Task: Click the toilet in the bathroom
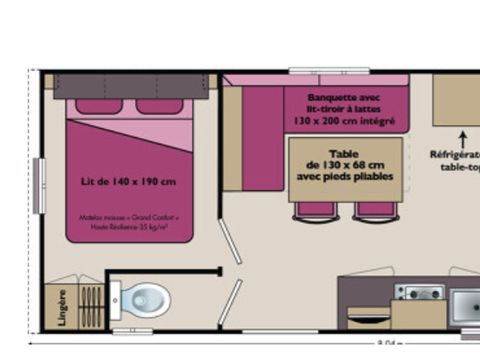click(x=146, y=298)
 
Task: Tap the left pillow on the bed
click(x=98, y=106)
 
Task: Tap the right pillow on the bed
click(x=160, y=106)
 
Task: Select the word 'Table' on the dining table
click(x=344, y=153)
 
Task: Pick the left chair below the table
click(x=315, y=209)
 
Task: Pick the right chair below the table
click(x=376, y=209)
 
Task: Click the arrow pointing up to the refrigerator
click(x=462, y=136)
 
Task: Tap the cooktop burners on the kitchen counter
click(x=419, y=292)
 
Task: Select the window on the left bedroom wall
click(x=38, y=184)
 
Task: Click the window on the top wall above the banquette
click(x=329, y=71)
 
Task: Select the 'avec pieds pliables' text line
click(x=344, y=177)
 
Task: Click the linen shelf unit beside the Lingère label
click(x=89, y=306)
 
